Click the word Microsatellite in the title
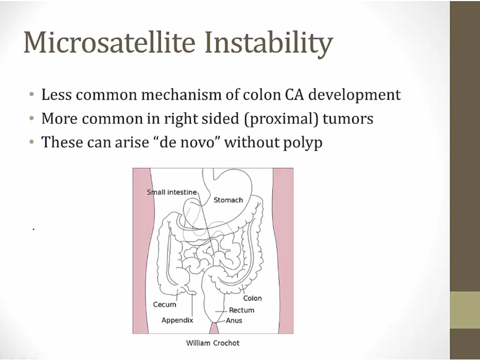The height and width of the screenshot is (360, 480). click(109, 42)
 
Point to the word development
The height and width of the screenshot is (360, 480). click(355, 95)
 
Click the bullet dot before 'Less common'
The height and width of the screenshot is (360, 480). click(32, 94)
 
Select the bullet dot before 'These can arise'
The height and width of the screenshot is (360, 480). click(32, 142)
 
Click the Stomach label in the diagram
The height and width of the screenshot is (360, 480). click(228, 200)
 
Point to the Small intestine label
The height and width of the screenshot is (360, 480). click(172, 192)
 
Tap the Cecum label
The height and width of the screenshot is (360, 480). click(165, 305)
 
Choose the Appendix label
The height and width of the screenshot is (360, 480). click(177, 320)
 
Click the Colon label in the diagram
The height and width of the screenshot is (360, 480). click(253, 298)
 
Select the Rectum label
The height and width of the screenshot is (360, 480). click(242, 310)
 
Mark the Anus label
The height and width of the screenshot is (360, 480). click(234, 321)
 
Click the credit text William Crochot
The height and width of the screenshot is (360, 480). click(213, 343)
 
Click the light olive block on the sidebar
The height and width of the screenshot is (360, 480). click(465, 310)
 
